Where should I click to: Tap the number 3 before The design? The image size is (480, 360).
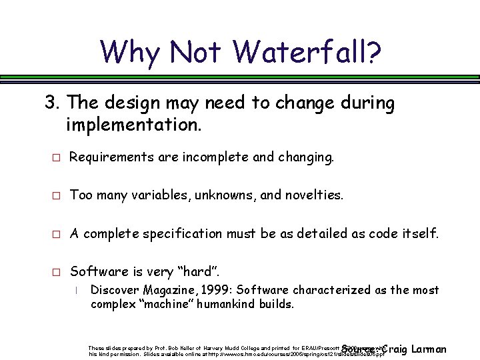49,103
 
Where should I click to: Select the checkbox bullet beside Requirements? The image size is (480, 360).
57,157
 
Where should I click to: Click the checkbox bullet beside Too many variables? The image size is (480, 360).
57,195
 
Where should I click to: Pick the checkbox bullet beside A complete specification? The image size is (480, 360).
57,233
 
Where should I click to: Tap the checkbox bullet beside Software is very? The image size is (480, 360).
57,271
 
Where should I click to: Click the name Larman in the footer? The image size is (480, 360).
429,349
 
